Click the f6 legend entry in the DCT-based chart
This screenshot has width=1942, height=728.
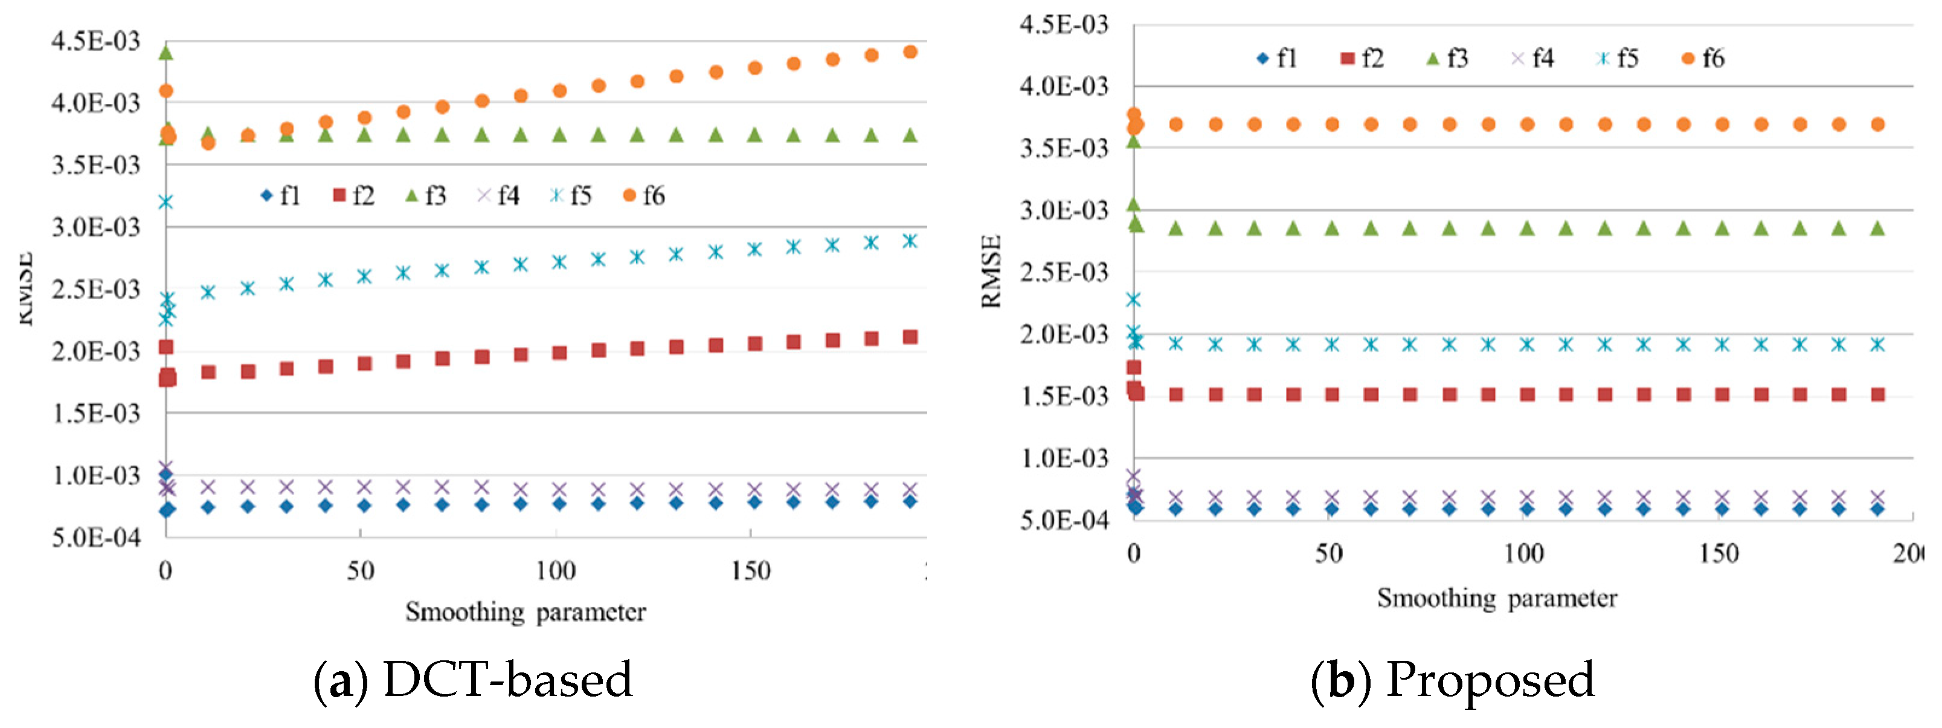645,196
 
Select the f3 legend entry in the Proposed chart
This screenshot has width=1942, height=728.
1447,58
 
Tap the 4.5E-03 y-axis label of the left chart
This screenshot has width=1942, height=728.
96,40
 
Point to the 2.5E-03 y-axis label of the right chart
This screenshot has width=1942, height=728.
1064,272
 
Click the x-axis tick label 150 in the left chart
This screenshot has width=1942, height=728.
750,571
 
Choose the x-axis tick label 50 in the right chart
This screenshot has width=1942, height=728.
1328,555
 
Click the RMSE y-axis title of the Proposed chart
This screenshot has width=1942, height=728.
991,272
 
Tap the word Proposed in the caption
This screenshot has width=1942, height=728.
1490,680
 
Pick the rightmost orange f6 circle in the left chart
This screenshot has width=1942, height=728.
910,52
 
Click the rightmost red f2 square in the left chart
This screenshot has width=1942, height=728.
910,337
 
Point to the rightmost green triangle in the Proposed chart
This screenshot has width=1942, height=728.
1878,228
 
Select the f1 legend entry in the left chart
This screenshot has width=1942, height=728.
280,196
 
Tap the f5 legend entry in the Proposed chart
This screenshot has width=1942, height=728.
1618,58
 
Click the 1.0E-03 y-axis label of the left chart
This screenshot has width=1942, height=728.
96,476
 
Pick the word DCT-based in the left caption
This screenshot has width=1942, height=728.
507,680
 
